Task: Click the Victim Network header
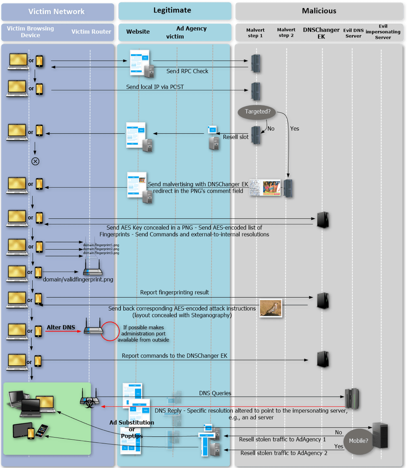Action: pyautogui.click(x=56, y=12)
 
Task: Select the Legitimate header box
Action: pyautogui.click(x=172, y=10)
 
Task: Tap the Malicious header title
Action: pyautogui.click(x=319, y=11)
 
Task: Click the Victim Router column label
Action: pyautogui.click(x=91, y=32)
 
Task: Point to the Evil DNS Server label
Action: pyautogui.click(x=353, y=33)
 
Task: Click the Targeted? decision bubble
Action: pyautogui.click(x=257, y=111)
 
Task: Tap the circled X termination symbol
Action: pyautogui.click(x=35, y=161)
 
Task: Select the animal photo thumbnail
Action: pyautogui.click(x=270, y=308)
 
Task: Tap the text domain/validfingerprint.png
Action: pyautogui.click(x=78, y=279)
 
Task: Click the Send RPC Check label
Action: pyautogui.click(x=187, y=71)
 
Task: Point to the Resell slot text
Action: pyautogui.click(x=236, y=137)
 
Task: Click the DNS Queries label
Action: pyautogui.click(x=215, y=393)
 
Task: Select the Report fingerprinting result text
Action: pyautogui.click(x=174, y=292)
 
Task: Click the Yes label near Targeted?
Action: pyautogui.click(x=295, y=129)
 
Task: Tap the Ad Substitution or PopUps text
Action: pyautogui.click(x=131, y=429)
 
